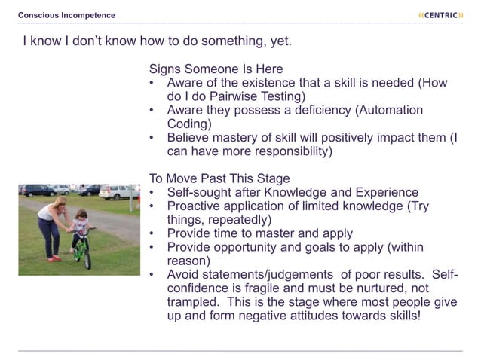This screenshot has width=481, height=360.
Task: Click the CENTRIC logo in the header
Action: point(440,15)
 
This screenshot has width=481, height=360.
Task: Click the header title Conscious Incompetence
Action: point(67,15)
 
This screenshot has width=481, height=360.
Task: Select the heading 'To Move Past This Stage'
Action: point(219,178)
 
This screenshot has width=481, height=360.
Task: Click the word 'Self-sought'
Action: point(202,193)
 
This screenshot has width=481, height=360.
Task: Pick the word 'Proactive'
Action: point(195,206)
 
